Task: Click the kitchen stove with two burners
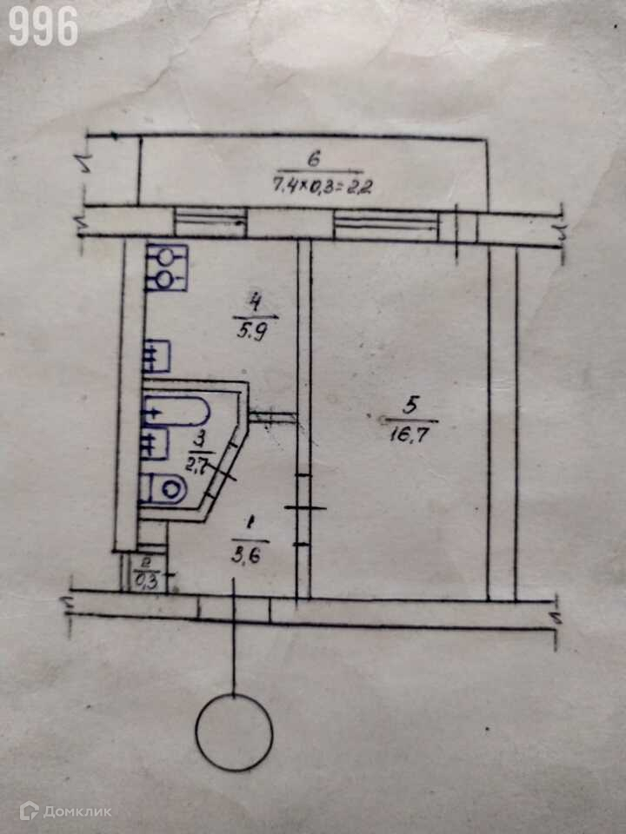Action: pos(166,268)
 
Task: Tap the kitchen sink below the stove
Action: pos(156,355)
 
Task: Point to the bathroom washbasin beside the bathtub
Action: pos(154,444)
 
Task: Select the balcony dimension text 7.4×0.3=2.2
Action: pos(322,185)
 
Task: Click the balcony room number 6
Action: pos(315,159)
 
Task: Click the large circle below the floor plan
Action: pos(234,732)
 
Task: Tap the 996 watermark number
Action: pos(43,27)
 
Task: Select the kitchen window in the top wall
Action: pos(210,222)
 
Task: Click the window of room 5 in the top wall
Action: pos(387,227)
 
